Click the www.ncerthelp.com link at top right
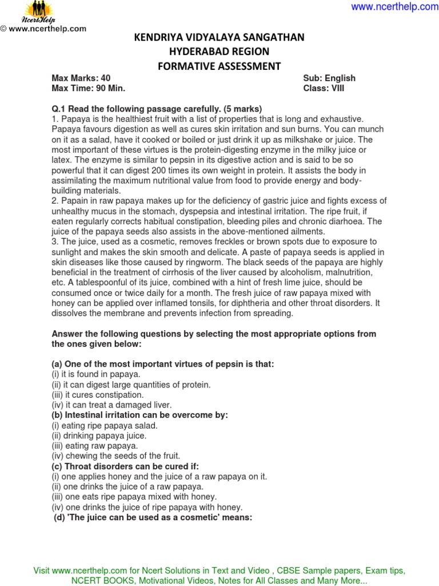(x=394, y=7)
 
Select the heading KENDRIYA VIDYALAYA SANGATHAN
(x=219, y=38)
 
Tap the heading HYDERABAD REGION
(x=219, y=52)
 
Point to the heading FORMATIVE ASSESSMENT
(x=219, y=66)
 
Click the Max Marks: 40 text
(x=81, y=78)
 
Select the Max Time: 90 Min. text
(x=88, y=89)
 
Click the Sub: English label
(x=329, y=78)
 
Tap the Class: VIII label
(x=324, y=89)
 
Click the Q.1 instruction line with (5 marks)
(x=157, y=109)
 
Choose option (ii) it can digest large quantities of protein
(x=131, y=385)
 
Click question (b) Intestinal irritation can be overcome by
(x=139, y=415)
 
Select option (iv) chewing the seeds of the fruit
(x=115, y=456)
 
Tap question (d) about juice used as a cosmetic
(x=153, y=517)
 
